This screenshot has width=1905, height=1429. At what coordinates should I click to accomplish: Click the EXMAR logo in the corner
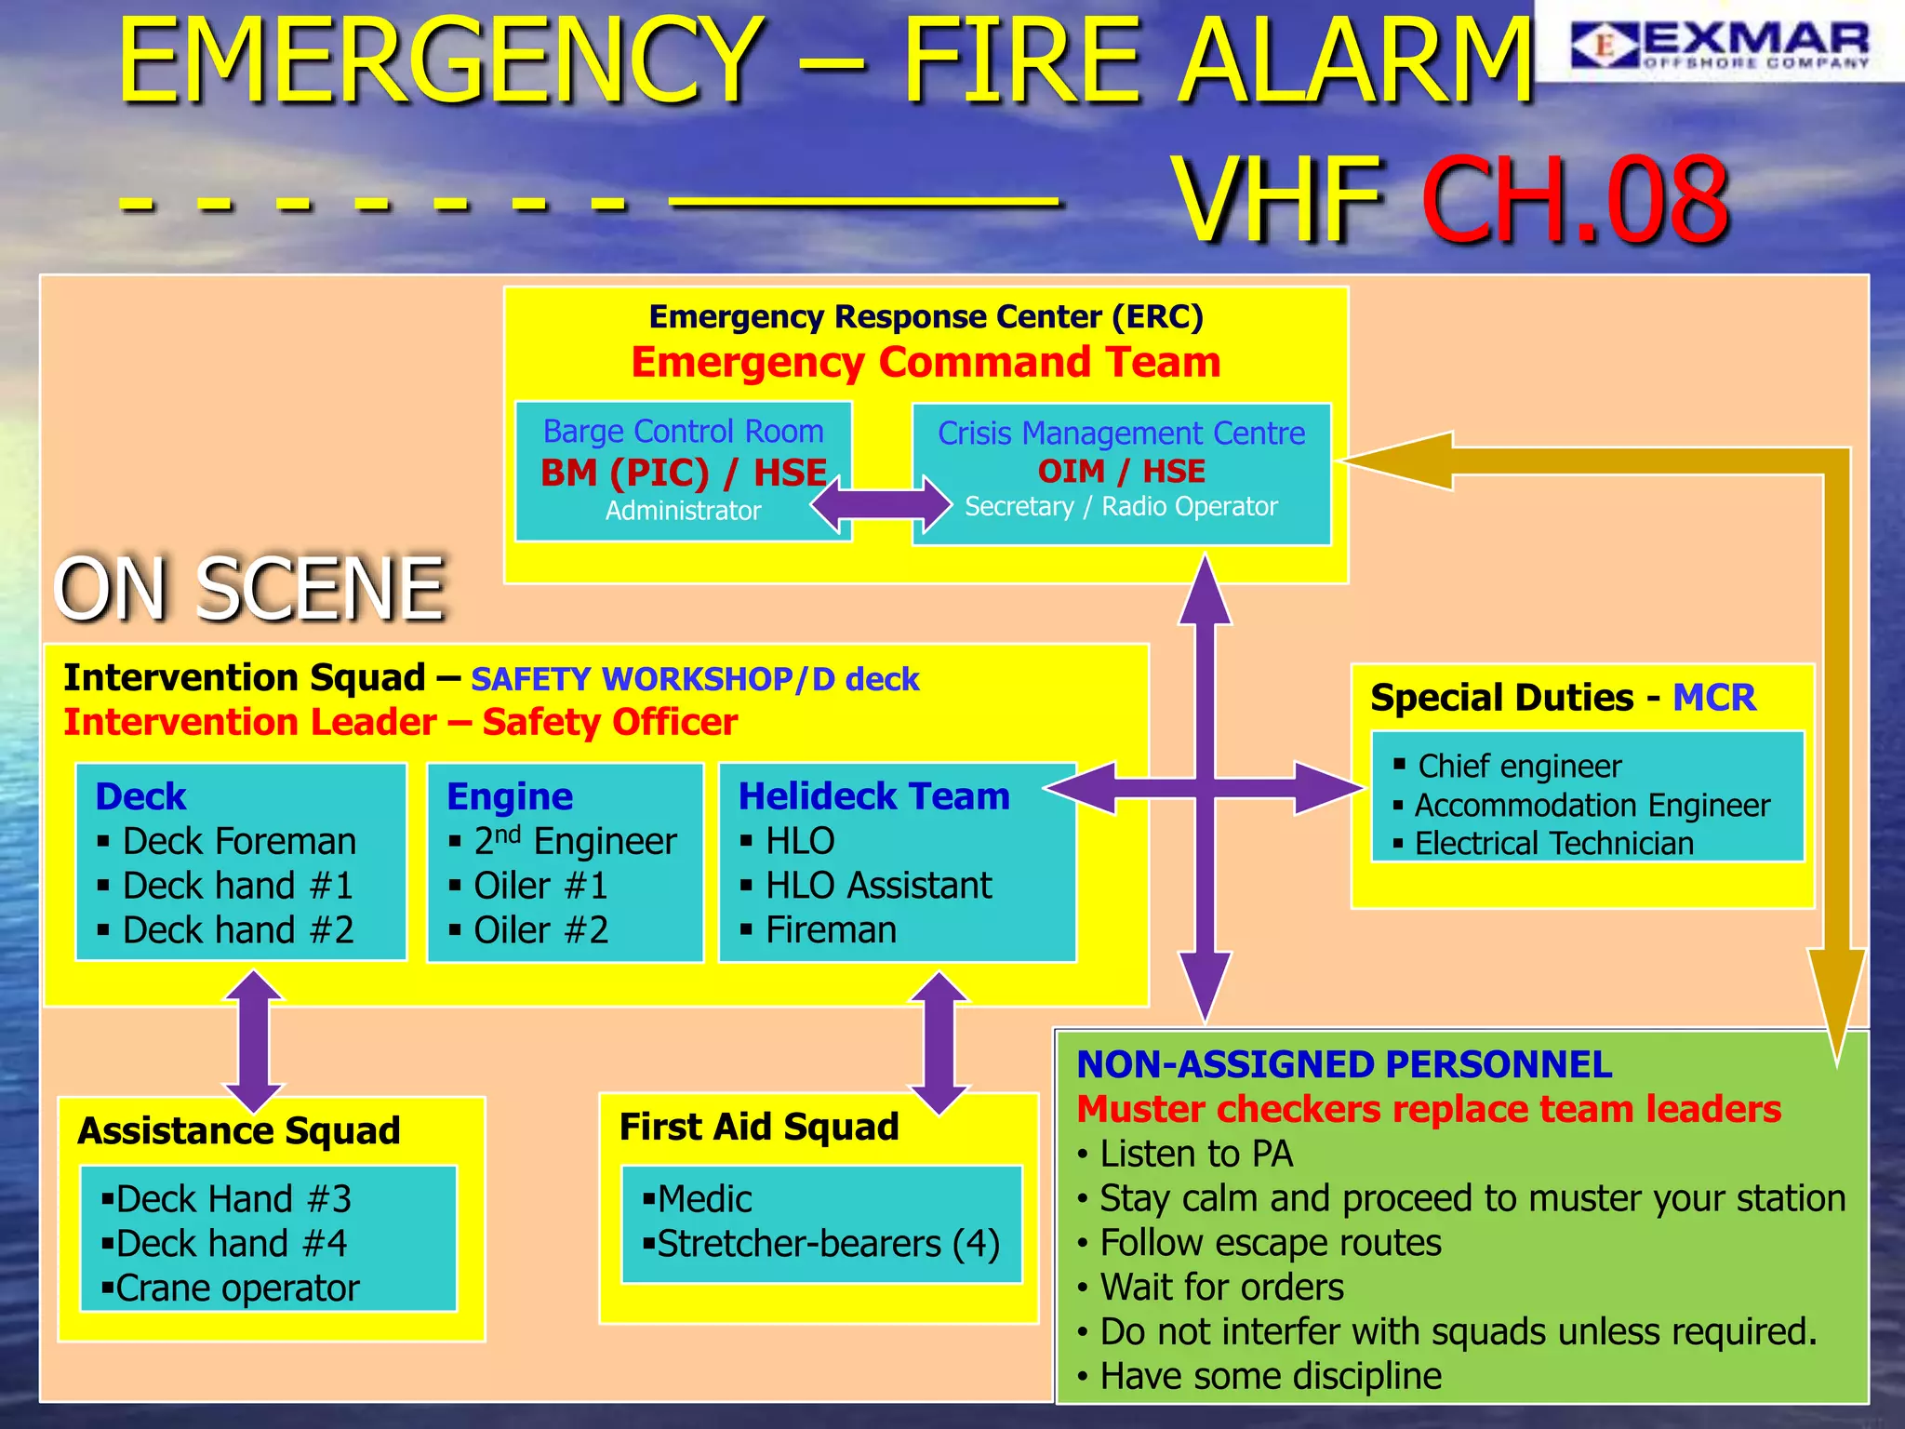(1719, 44)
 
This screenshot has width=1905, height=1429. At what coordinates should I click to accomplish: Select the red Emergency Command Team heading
(926, 362)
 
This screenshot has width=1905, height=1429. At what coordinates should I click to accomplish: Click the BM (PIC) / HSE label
(684, 473)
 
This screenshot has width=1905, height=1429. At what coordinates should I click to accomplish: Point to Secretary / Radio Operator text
(1121, 506)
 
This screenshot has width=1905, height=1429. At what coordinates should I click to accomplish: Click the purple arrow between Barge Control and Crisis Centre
(881, 505)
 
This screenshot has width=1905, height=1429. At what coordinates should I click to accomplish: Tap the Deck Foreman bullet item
(239, 841)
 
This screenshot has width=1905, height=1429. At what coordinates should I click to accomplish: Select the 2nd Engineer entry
(575, 841)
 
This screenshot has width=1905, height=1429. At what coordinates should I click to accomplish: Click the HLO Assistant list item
(878, 885)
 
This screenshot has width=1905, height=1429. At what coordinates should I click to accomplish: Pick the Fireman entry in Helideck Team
(831, 929)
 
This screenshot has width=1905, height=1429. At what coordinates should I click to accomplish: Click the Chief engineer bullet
(1519, 766)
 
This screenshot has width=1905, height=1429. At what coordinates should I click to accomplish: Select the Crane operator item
(237, 1288)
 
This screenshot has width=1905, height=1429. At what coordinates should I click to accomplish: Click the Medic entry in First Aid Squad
(704, 1198)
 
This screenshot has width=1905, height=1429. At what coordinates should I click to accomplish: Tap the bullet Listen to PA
(1196, 1154)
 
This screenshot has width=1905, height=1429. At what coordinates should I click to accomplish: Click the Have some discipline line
(1270, 1375)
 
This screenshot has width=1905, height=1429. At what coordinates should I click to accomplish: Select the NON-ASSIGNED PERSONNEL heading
(1344, 1064)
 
